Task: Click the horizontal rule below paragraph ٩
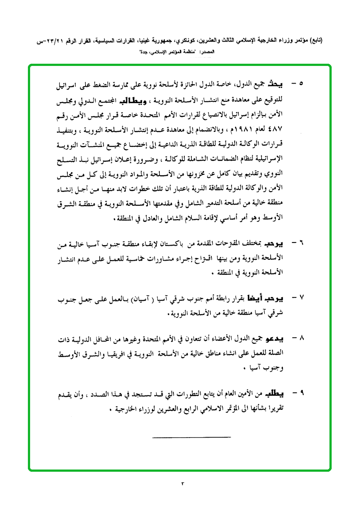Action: click(x=191, y=438)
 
